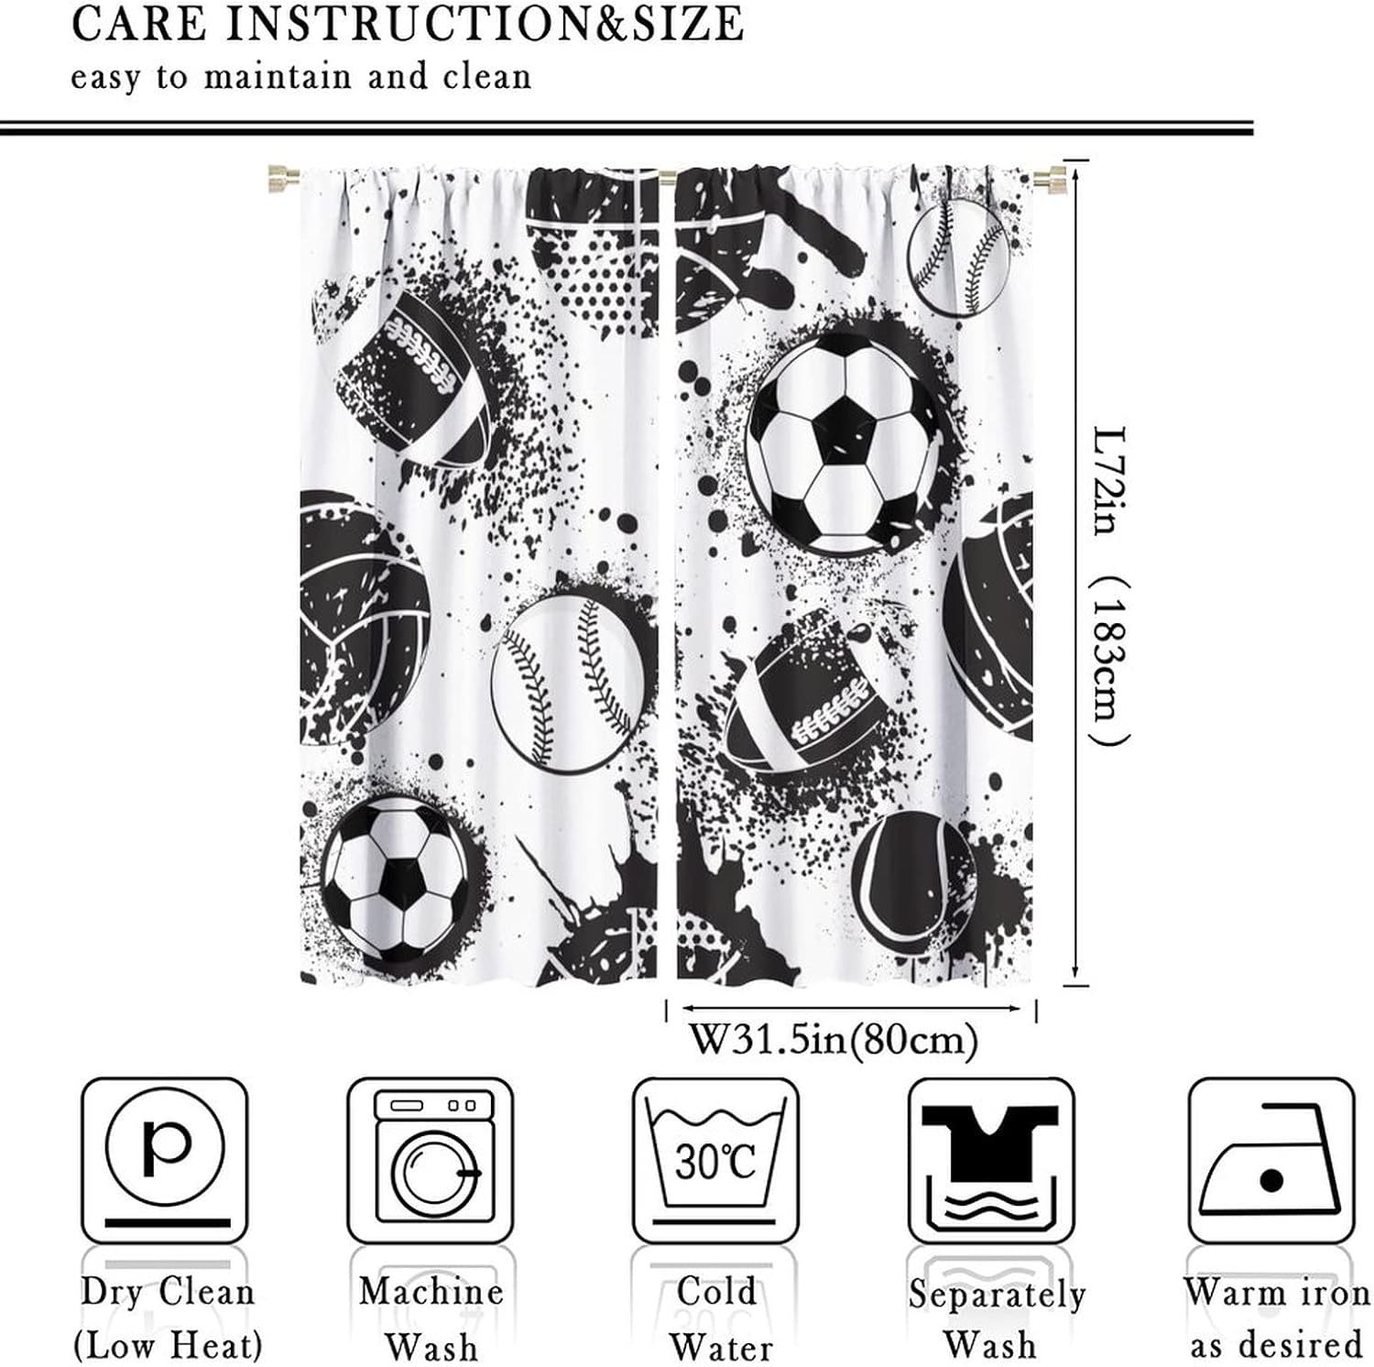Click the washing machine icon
(x=431, y=1159)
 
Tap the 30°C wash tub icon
(x=715, y=1159)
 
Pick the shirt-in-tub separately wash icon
(x=990, y=1159)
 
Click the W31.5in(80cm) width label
(x=833, y=1040)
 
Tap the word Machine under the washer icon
(x=431, y=1292)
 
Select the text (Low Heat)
(x=168, y=1346)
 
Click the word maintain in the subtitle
(x=278, y=76)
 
